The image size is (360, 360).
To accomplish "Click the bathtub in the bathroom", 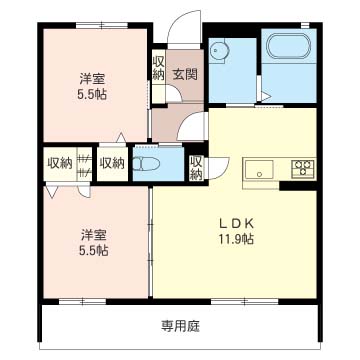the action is (289, 46).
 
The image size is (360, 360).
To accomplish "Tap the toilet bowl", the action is (146, 164).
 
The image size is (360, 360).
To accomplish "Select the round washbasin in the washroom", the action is (218, 51).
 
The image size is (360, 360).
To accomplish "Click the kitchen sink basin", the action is (259, 170).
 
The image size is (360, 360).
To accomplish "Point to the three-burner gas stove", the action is (303, 168).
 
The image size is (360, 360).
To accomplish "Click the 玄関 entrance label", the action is (185, 74).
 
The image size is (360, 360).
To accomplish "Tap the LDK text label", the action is (236, 224).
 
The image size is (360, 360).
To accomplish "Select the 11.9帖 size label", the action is (236, 239).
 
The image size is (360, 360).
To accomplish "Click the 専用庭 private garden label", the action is (180, 326).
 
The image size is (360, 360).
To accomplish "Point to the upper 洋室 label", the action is (92, 79).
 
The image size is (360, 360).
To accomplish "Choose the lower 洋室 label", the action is (94, 236).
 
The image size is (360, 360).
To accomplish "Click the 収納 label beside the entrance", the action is (159, 68).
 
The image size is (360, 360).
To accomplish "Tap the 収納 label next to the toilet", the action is (113, 163).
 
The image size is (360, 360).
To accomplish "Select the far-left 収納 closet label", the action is (60, 163).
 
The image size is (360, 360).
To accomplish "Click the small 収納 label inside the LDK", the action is (196, 168).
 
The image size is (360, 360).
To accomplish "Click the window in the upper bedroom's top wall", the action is (102, 25).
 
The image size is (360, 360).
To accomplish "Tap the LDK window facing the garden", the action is (245, 302).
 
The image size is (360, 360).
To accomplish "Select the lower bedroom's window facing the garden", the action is (82, 302).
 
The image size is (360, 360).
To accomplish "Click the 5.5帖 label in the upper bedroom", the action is (92, 95).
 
